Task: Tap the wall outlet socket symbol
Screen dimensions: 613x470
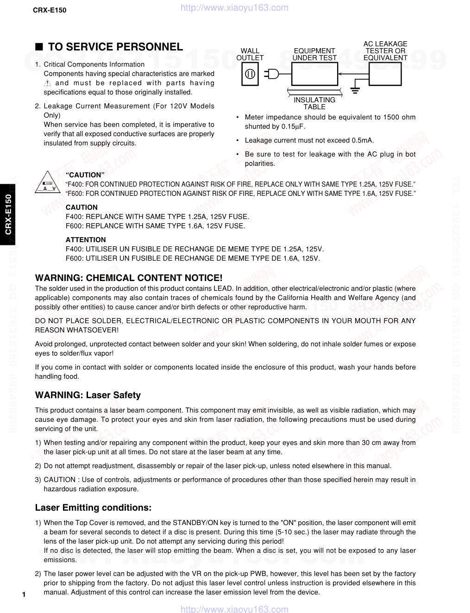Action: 250,74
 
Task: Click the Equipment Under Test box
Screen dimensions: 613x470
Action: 314,74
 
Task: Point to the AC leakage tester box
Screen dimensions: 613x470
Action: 385,74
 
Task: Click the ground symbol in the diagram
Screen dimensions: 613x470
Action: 355,90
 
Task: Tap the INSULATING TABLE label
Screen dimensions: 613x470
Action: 314,103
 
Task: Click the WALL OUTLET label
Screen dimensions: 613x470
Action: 250,54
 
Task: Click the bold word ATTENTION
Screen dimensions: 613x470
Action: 86,240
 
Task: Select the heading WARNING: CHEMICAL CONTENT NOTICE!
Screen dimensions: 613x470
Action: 129,278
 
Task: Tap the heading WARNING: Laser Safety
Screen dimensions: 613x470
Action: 88,395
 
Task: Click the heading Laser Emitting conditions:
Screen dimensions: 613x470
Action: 93,507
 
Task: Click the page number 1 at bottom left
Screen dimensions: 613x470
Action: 23,594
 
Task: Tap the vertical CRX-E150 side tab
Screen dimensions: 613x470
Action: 8,214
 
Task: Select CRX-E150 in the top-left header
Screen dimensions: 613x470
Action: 50,9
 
